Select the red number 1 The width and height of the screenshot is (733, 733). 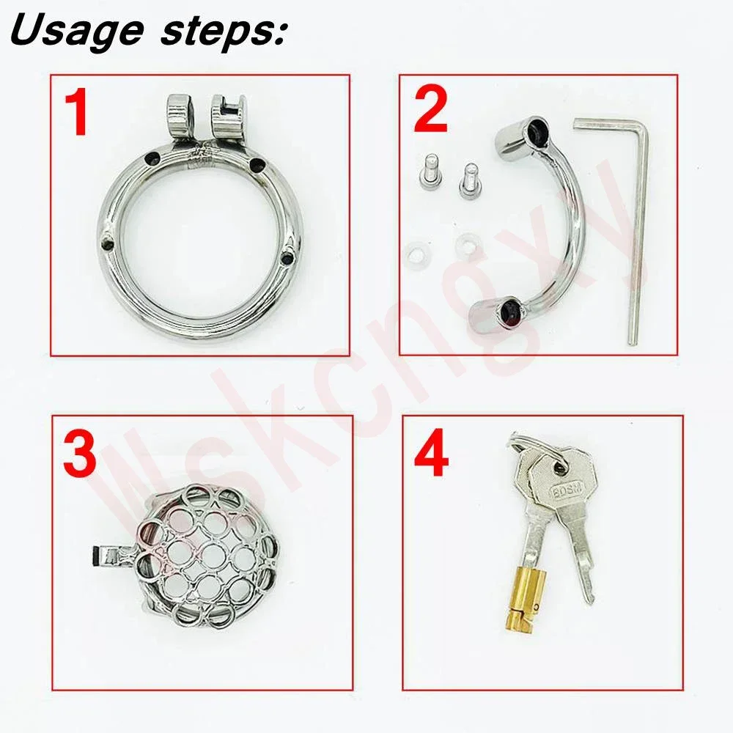[x=76, y=113]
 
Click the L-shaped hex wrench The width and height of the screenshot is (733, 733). [x=635, y=224]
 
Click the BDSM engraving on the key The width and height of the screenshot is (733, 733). [x=567, y=490]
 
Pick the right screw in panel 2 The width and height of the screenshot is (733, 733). [x=468, y=181]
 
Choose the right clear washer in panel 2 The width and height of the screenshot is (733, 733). [x=468, y=243]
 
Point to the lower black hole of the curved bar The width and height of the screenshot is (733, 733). [x=509, y=310]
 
